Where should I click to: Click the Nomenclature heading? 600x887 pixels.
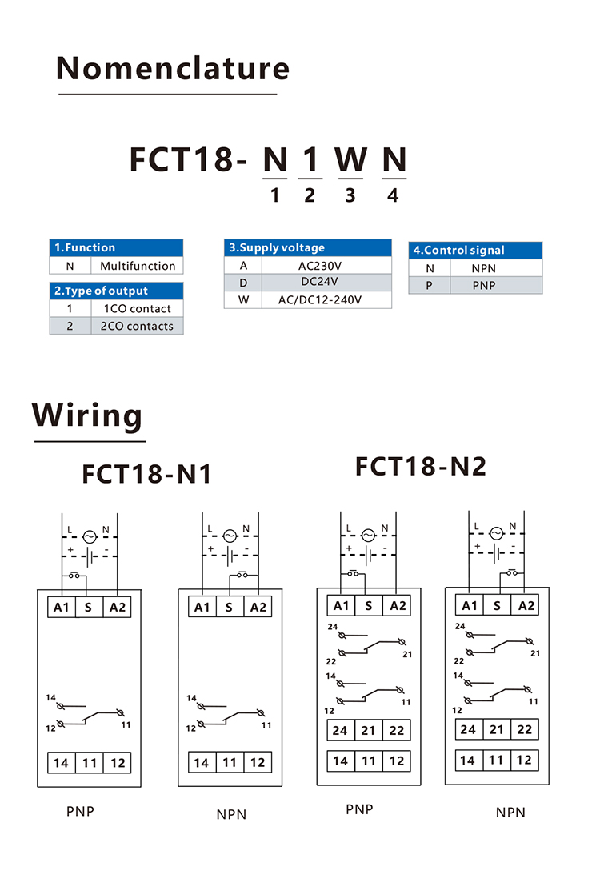coord(173,69)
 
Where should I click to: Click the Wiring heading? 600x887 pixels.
coord(87,415)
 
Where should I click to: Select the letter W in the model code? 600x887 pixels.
coord(351,159)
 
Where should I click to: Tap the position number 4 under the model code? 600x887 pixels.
coord(393,195)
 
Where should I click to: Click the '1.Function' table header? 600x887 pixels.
coord(116,248)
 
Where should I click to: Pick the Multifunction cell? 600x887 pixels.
coord(138,266)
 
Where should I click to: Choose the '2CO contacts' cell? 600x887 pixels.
coord(137,326)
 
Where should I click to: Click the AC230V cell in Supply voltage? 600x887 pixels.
coord(320,266)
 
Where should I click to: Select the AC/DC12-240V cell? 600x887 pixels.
coord(319,300)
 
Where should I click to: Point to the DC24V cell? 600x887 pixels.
coord(319,282)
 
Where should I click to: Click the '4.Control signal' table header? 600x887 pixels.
coord(475,250)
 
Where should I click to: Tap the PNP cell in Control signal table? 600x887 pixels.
coord(484,286)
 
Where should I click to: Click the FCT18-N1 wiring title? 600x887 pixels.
coord(146,473)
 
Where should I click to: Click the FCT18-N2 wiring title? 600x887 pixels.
coord(421,467)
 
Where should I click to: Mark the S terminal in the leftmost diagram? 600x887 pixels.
coord(88,607)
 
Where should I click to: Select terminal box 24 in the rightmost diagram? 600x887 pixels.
coord(468,730)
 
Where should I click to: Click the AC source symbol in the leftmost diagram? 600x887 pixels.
coord(90,537)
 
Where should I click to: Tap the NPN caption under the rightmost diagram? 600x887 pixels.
coord(510,813)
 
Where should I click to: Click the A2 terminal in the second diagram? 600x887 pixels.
coord(258,607)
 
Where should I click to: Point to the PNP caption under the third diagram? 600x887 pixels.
coord(360,809)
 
